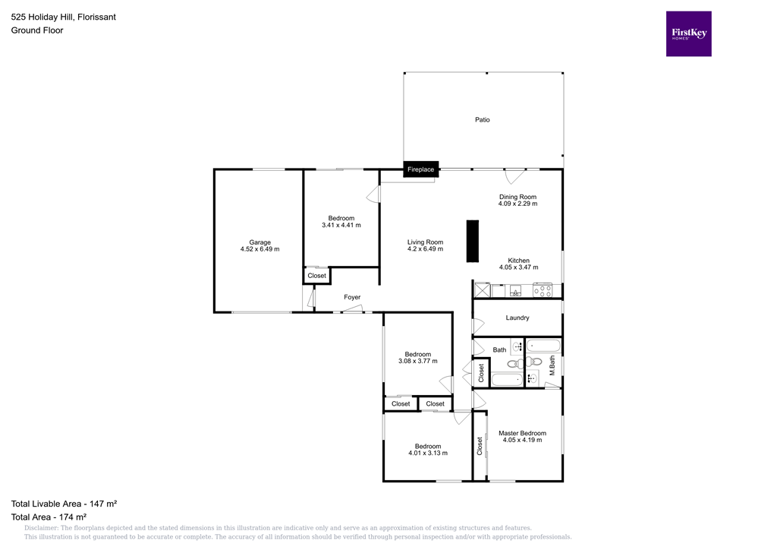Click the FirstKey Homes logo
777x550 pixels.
(688, 33)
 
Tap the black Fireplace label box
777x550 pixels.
(420, 169)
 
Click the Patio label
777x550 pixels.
(483, 120)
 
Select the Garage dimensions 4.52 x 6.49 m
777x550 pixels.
(260, 249)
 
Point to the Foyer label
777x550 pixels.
(352, 297)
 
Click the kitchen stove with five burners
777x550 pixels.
(543, 290)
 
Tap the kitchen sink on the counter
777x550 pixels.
(515, 290)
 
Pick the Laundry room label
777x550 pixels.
(517, 318)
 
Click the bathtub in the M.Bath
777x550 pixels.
(543, 346)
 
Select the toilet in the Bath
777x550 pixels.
(514, 363)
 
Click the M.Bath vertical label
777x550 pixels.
(552, 365)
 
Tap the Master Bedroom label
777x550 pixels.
(522, 433)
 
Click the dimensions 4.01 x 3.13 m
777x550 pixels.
(427, 454)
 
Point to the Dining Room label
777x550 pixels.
(517, 197)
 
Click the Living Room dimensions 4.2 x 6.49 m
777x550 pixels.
(425, 249)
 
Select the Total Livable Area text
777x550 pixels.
(63, 504)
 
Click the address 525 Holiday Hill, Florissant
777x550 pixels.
(63, 17)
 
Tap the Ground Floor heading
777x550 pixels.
(37, 30)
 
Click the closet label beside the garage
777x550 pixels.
(316, 276)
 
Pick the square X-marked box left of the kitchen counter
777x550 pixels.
(481, 290)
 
